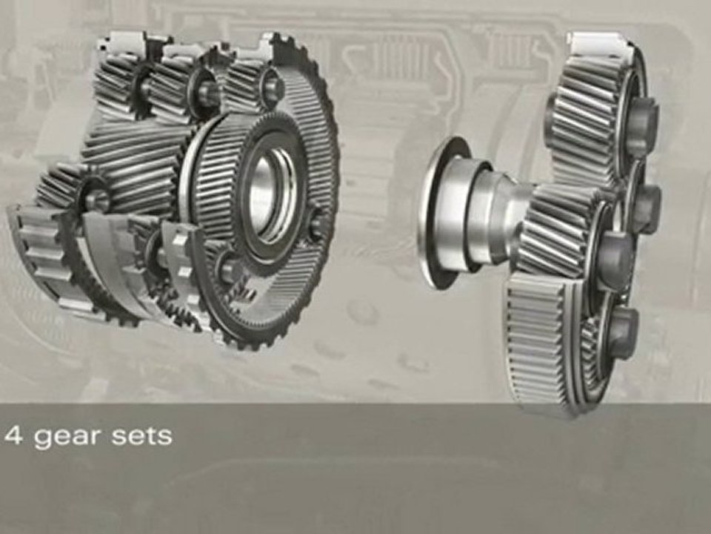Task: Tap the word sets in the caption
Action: click(142, 435)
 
